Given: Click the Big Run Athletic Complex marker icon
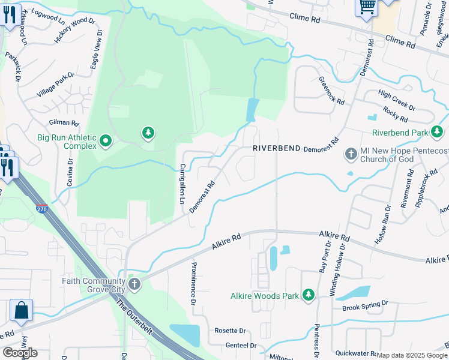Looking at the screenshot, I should (x=106, y=142).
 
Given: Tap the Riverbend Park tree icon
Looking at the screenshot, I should (x=438, y=132).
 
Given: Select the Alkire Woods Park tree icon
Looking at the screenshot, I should (x=308, y=295).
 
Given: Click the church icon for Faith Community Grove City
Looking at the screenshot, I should (x=134, y=285).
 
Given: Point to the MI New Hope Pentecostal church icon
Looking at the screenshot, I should (x=351, y=155).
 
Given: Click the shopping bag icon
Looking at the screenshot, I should (x=21, y=310).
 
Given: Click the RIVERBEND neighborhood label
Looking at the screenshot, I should (x=276, y=148).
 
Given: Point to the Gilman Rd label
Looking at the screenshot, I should (x=66, y=122).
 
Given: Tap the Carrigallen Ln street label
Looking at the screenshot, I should (x=182, y=183).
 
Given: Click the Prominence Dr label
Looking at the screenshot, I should (x=193, y=283).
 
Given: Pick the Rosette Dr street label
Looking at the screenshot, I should (x=231, y=331).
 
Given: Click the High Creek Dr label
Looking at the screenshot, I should (x=397, y=100).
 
